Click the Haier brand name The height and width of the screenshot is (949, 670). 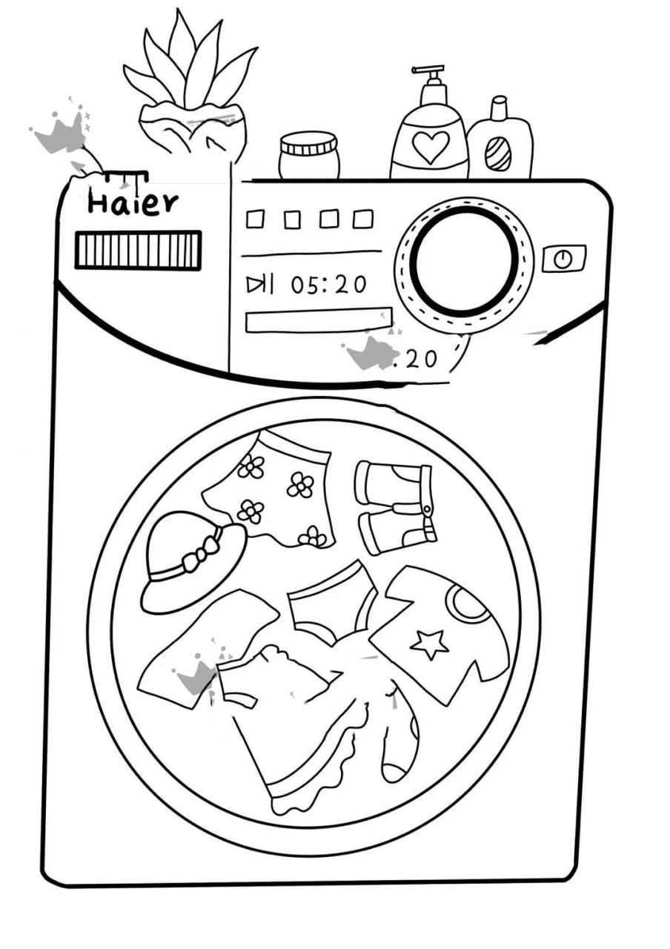click(x=133, y=202)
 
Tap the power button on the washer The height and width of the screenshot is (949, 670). click(x=564, y=259)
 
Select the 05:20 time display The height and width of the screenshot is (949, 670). click(x=328, y=284)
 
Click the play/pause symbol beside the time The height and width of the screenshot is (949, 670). click(x=260, y=283)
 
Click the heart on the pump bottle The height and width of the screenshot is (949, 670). click(x=429, y=146)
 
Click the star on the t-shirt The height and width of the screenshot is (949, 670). click(x=430, y=643)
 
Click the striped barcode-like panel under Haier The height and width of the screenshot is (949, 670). click(x=138, y=250)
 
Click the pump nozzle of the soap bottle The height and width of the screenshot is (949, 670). click(x=428, y=75)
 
